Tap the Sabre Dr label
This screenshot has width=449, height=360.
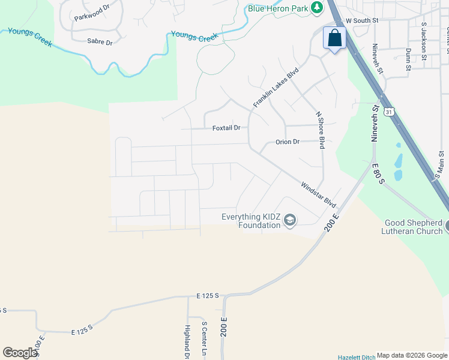(100, 42)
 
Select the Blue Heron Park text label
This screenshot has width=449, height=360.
(277, 8)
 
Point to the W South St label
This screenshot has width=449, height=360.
(361, 20)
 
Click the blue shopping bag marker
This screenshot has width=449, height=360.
(334, 38)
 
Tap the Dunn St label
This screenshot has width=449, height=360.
(408, 59)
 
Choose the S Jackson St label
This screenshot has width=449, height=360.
(423, 41)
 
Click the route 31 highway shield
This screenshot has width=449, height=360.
(390, 112)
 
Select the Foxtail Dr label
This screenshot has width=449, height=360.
(226, 128)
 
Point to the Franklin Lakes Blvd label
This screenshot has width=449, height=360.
(276, 88)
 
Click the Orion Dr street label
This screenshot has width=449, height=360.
(287, 142)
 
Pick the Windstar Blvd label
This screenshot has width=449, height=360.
(318, 195)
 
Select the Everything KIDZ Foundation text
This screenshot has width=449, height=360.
(251, 221)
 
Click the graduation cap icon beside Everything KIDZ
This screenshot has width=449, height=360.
(290, 221)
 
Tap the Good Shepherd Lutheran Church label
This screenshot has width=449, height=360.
(414, 227)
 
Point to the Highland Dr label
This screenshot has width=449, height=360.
(187, 339)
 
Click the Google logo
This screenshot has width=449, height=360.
(20, 352)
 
